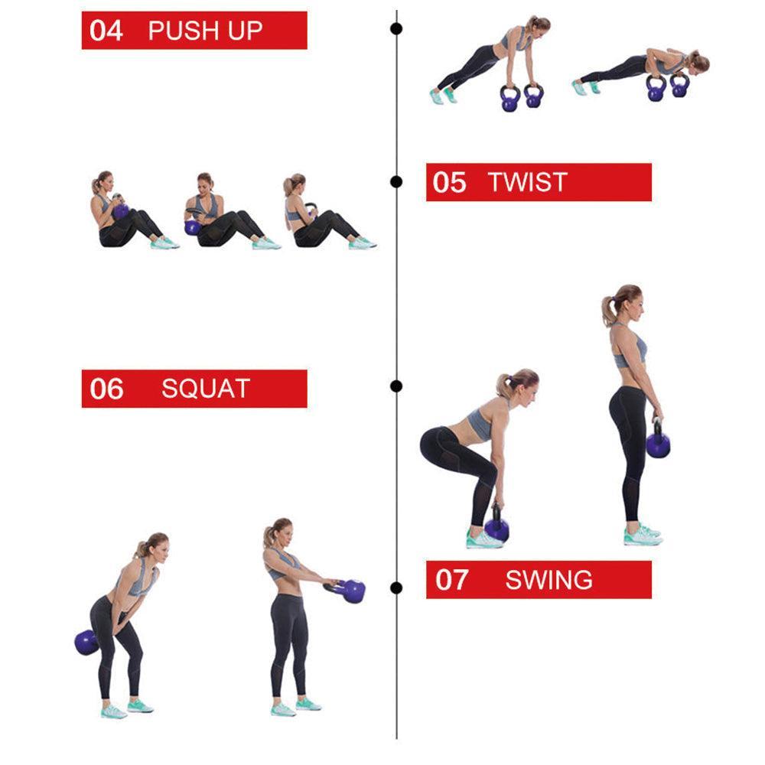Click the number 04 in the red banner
coord(106,31)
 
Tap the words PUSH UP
coord(205,31)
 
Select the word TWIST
coord(527,182)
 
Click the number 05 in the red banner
coord(449,183)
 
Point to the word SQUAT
coord(206,389)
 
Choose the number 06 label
coord(106,389)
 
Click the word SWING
coord(549,580)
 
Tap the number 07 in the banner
coord(452,580)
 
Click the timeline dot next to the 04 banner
coord(396,29)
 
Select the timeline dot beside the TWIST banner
coord(396,182)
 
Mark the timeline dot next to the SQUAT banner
coord(396,386)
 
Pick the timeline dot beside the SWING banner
coord(396,588)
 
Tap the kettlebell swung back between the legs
coord(86,643)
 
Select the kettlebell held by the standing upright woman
coord(658,441)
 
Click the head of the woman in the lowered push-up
coord(698,63)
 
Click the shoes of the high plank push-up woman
coord(443,96)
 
